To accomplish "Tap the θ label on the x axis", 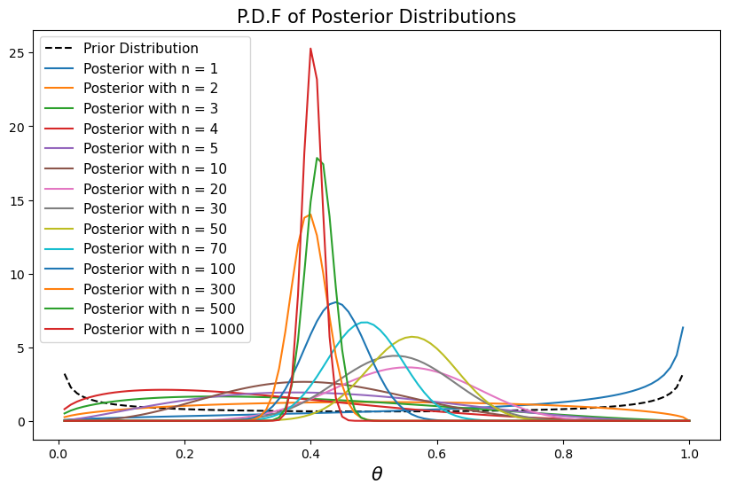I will pyautogui.click(x=377, y=475).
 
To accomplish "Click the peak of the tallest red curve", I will pyautogui.click(x=310, y=49).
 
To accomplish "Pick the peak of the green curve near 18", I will pyautogui.click(x=317, y=159).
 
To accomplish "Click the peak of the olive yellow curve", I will pyautogui.click(x=412, y=337).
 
